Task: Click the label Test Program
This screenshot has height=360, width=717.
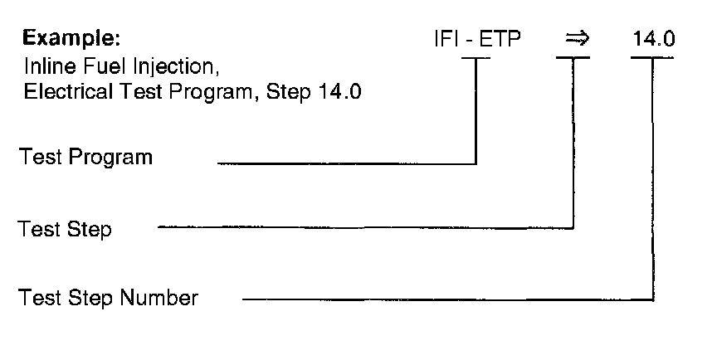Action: click(86, 157)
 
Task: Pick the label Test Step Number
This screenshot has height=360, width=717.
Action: click(109, 297)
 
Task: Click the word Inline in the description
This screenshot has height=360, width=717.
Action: click(44, 66)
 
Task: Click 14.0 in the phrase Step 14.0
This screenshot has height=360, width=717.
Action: click(339, 92)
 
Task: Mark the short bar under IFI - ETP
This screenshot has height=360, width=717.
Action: click(476, 58)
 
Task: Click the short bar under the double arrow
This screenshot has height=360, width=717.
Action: click(573, 58)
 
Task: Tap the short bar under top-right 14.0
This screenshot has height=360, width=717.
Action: click(652, 58)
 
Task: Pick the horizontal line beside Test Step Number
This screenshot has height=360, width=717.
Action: click(448, 299)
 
